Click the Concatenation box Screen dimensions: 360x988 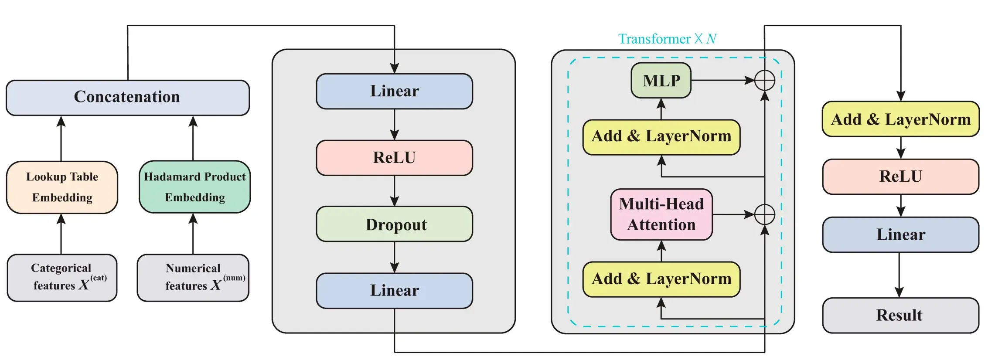[x=127, y=97]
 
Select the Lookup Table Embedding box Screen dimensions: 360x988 [x=62, y=187]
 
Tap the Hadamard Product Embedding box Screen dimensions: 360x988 [x=194, y=187]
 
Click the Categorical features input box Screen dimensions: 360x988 [x=62, y=277]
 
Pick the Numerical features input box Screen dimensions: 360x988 [x=193, y=277]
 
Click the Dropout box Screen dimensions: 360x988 [x=394, y=224]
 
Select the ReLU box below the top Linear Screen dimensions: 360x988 [x=394, y=157]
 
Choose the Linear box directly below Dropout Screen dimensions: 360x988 [x=394, y=290]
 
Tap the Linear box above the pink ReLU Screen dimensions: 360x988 [x=394, y=91]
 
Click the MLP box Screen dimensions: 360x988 [x=661, y=80]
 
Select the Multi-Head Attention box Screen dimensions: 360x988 [x=661, y=214]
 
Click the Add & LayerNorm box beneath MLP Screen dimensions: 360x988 [x=661, y=137]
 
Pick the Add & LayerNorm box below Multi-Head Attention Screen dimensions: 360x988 [x=661, y=279]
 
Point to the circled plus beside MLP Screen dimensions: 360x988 [x=764, y=80]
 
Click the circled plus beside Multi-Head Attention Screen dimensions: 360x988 [x=764, y=214]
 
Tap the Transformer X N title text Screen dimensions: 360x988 [x=667, y=39]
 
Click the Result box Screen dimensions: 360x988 [x=900, y=315]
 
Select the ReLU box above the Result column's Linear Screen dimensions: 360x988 [x=900, y=176]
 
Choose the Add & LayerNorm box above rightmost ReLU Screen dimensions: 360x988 [x=900, y=119]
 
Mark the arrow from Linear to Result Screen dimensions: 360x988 [x=899, y=275]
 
